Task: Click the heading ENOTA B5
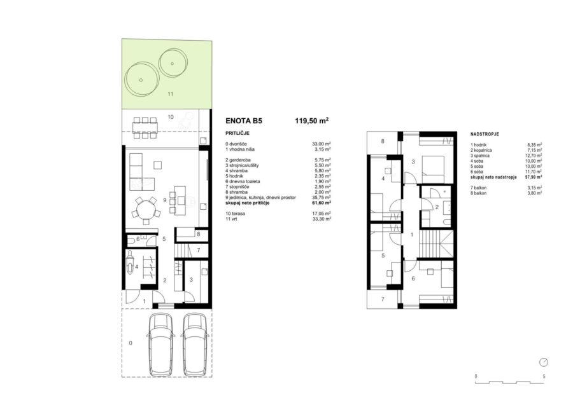244,121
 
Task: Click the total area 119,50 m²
311,121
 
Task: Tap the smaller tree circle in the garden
173,63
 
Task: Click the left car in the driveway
160,345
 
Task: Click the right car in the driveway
196,345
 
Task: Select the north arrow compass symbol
544,362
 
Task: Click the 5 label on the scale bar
544,376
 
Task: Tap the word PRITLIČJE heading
237,134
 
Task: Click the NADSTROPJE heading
485,134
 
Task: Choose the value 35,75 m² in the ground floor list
322,197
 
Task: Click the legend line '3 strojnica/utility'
242,165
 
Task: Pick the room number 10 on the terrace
171,117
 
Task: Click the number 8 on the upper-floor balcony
383,141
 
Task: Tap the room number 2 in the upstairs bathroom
437,207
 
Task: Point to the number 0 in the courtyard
131,343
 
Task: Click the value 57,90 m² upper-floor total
533,177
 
